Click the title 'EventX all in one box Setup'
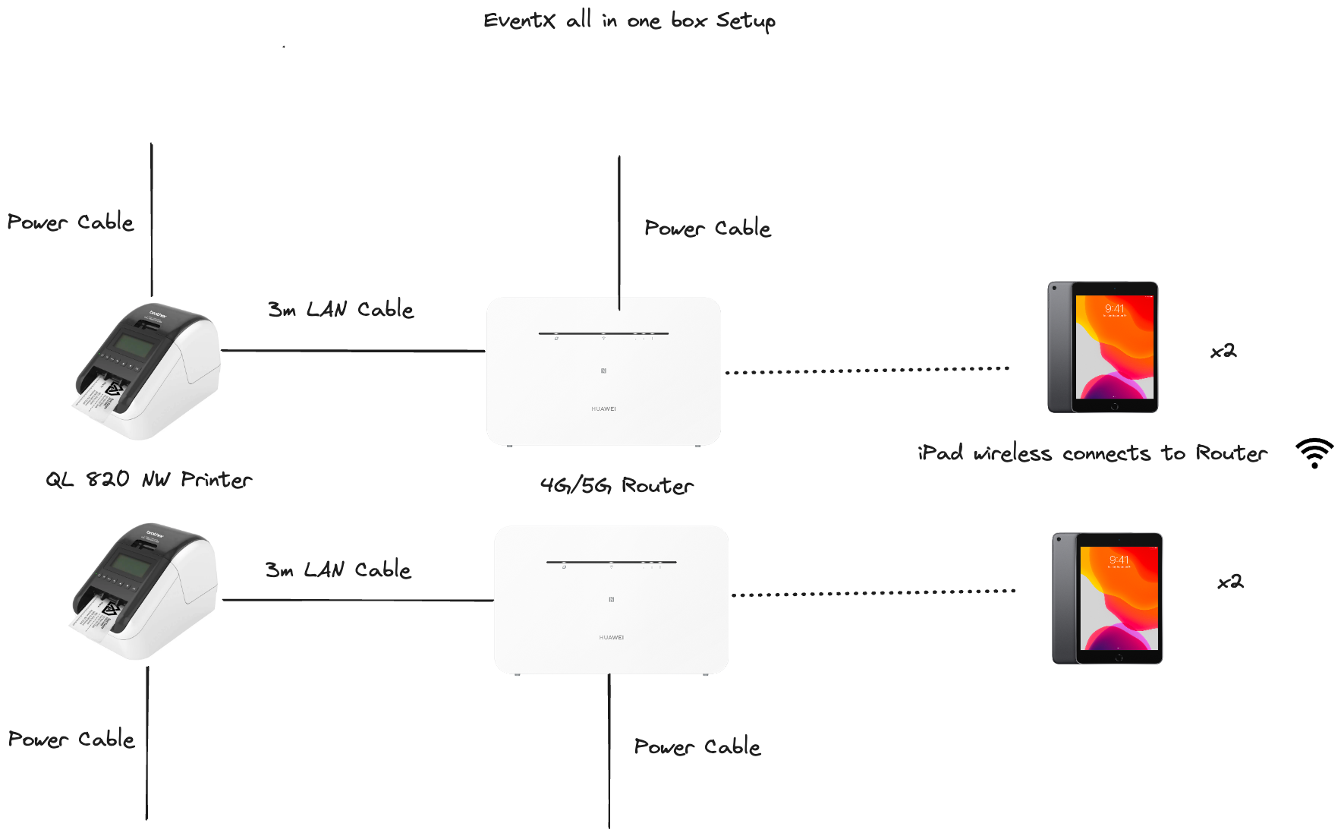(629, 21)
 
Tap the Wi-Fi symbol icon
(1314, 453)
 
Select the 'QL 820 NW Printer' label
(149, 480)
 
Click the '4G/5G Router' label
(616, 485)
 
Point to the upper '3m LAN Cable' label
(341, 309)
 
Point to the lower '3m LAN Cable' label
(338, 569)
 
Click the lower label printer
(144, 591)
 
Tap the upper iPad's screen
(1114, 347)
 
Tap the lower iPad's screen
(1119, 598)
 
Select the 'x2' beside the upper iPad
(1223, 351)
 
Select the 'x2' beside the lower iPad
(1230, 582)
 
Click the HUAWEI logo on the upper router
(603, 409)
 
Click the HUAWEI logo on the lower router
(611, 638)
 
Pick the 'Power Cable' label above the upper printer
(71, 222)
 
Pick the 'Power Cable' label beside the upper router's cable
(707, 228)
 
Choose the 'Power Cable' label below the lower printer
(71, 739)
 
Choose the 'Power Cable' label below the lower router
(697, 746)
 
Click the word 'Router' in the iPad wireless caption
(1231, 453)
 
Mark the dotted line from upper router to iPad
(867, 371)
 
